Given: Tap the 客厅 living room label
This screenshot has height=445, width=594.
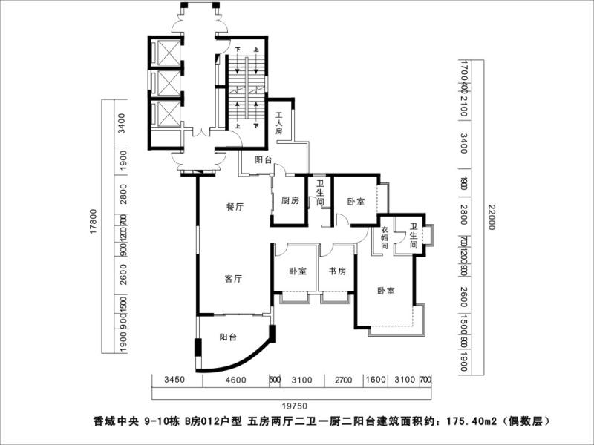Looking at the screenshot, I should point(234,280).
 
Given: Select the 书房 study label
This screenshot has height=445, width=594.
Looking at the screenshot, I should point(338,271).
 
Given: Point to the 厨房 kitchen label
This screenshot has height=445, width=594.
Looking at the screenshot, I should point(290,201).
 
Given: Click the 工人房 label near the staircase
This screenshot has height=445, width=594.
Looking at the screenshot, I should point(279,123).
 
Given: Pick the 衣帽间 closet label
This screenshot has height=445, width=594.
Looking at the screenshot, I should point(385,237).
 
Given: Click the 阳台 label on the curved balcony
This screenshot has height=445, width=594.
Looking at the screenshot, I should point(228,337).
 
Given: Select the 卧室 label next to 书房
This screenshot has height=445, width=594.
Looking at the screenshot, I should point(298,271).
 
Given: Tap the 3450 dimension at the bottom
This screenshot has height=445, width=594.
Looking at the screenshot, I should point(173,380).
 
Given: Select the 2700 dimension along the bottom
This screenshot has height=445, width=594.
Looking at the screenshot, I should point(342,380).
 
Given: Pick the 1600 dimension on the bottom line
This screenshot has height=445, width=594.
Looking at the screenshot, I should point(376,380).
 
